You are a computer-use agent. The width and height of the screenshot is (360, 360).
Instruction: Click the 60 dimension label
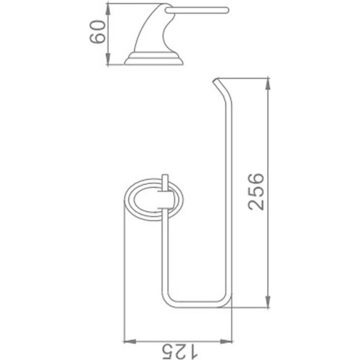[97, 32]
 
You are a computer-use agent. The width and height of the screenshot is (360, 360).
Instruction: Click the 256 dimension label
[256, 192]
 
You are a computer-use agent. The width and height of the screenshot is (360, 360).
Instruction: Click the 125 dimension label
[180, 351]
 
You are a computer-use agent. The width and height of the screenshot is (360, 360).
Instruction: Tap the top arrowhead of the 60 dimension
[108, 9]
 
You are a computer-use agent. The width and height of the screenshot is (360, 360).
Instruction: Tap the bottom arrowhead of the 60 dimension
[108, 59]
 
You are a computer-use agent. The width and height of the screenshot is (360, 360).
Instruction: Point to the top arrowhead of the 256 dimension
[268, 84]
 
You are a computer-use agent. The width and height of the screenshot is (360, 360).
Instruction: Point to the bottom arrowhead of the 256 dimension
[268, 302]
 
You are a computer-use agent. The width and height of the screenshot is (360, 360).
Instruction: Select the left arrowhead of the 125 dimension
[130, 342]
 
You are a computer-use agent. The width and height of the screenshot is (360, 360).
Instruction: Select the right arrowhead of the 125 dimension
[226, 342]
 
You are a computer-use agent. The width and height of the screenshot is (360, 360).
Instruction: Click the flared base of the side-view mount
[154, 59]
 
